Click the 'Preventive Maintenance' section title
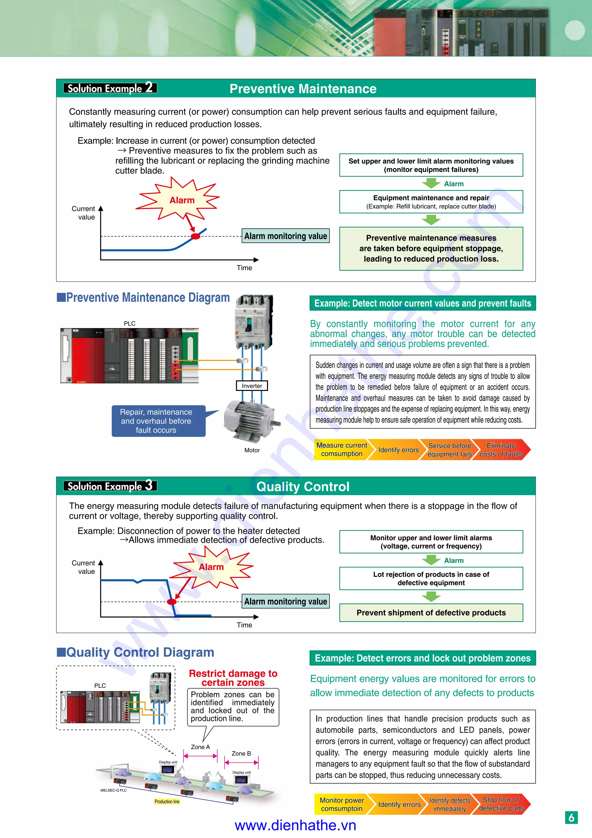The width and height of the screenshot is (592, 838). click(303, 89)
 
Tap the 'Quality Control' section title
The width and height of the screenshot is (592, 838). click(303, 486)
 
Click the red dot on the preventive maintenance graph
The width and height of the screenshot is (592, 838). click(195, 236)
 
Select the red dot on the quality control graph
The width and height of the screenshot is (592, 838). click(171, 602)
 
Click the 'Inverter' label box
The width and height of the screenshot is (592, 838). click(252, 386)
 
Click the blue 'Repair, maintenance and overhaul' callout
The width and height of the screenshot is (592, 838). click(157, 421)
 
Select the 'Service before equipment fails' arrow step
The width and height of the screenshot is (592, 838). click(449, 450)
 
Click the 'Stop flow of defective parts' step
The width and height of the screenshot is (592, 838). click(501, 804)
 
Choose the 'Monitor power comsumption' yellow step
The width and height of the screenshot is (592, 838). click(342, 804)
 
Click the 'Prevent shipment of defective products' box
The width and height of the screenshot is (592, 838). click(431, 613)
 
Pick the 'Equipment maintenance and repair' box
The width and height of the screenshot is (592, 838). click(431, 201)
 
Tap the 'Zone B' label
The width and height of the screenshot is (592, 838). click(241, 753)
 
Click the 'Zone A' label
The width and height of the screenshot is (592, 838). click(201, 747)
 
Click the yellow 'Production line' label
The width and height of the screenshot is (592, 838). click(166, 802)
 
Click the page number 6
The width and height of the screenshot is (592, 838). click(571, 817)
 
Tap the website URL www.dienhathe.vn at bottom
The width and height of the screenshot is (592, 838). click(295, 825)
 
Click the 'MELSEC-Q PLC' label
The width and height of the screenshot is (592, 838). click(113, 790)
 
